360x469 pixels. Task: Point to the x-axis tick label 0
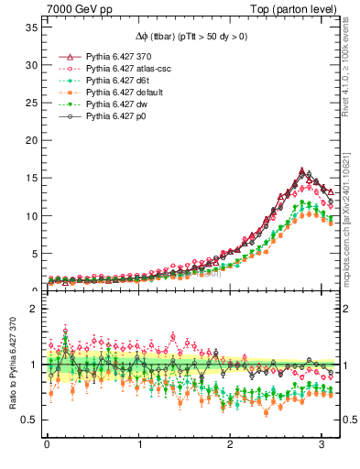click(47, 446)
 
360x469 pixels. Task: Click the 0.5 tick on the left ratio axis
click(30, 420)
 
